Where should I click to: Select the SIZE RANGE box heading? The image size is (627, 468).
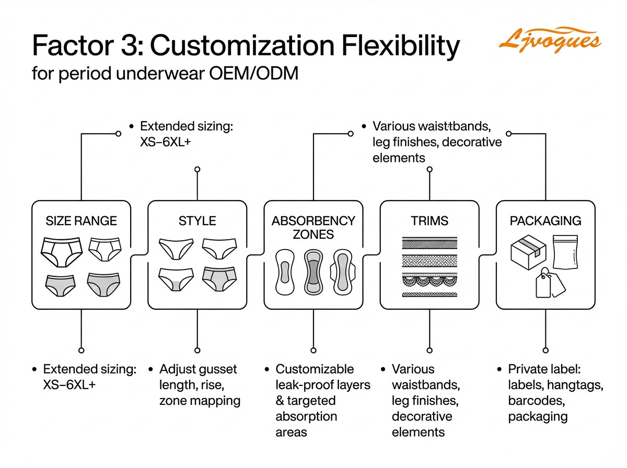pyautogui.click(x=81, y=221)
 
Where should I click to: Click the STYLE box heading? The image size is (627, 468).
pyautogui.click(x=197, y=221)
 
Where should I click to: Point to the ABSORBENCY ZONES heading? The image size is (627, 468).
pyautogui.click(x=313, y=227)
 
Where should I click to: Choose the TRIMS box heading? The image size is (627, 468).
pyautogui.click(x=429, y=221)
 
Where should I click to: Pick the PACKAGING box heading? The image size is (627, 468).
pyautogui.click(x=545, y=221)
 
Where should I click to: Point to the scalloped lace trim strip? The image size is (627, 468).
pyautogui.click(x=429, y=283)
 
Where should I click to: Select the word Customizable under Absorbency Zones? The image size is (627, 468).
pyautogui.click(x=315, y=369)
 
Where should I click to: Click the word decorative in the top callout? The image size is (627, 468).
pyautogui.click(x=471, y=142)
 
